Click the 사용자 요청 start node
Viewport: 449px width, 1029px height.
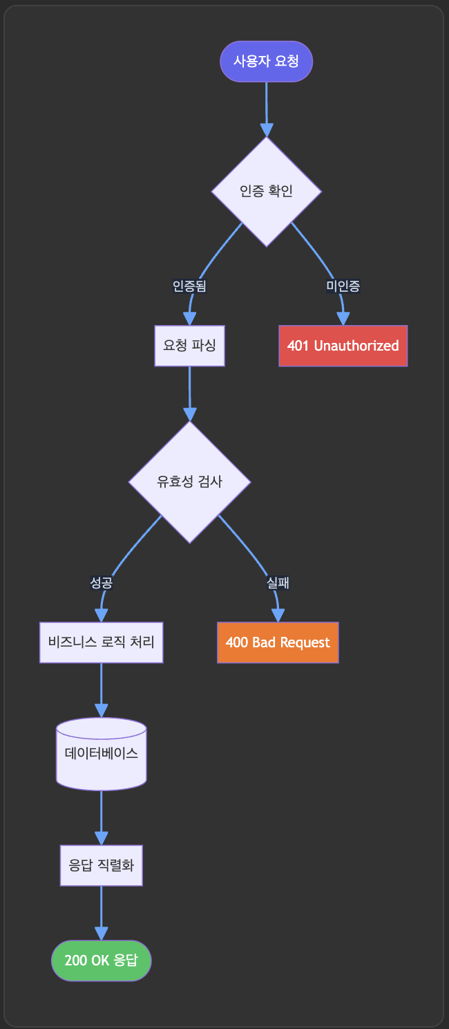(266, 62)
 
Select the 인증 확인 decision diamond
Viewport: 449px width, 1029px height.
(266, 192)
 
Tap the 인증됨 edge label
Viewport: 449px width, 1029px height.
(189, 286)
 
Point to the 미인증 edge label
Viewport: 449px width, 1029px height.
(343, 286)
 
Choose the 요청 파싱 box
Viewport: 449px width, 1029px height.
(189, 345)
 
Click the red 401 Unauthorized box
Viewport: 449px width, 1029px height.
(343, 346)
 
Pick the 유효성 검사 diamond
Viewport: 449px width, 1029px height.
(189, 482)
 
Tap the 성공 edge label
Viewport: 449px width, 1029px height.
(102, 583)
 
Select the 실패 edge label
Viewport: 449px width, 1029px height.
(278, 583)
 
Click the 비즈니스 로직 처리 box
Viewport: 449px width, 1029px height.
(102, 642)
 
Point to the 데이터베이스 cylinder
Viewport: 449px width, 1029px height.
(102, 754)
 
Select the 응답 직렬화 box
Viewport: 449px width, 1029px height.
(102, 865)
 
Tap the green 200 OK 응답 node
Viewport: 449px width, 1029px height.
(102, 961)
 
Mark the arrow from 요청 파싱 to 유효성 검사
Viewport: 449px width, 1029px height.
(189, 393)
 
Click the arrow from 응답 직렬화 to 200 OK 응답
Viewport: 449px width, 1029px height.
(102, 911)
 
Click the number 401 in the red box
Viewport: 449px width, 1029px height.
(298, 346)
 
